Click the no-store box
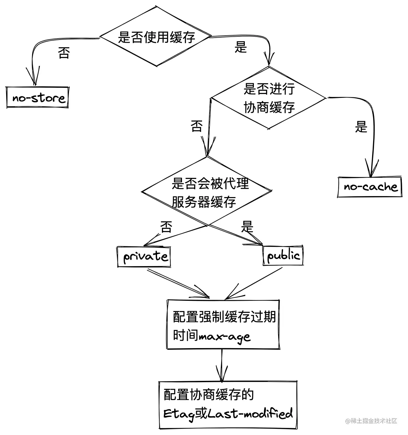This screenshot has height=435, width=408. click(38, 98)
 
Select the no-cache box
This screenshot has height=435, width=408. click(370, 187)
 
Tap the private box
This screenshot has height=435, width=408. click(144, 256)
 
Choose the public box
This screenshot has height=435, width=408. click(283, 255)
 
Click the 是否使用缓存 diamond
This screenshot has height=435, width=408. click(156, 37)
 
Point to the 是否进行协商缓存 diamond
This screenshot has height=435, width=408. click(269, 98)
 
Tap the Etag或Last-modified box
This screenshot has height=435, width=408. click(228, 405)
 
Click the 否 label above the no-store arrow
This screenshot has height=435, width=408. click(64, 53)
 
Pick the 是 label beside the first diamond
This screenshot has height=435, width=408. click(241, 47)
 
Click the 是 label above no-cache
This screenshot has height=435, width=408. click(361, 127)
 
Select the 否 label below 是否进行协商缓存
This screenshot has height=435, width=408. click(197, 126)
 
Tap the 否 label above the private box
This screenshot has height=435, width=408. click(166, 227)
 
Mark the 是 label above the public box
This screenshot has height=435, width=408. click(247, 227)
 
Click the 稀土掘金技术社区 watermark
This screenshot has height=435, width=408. click(371, 421)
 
